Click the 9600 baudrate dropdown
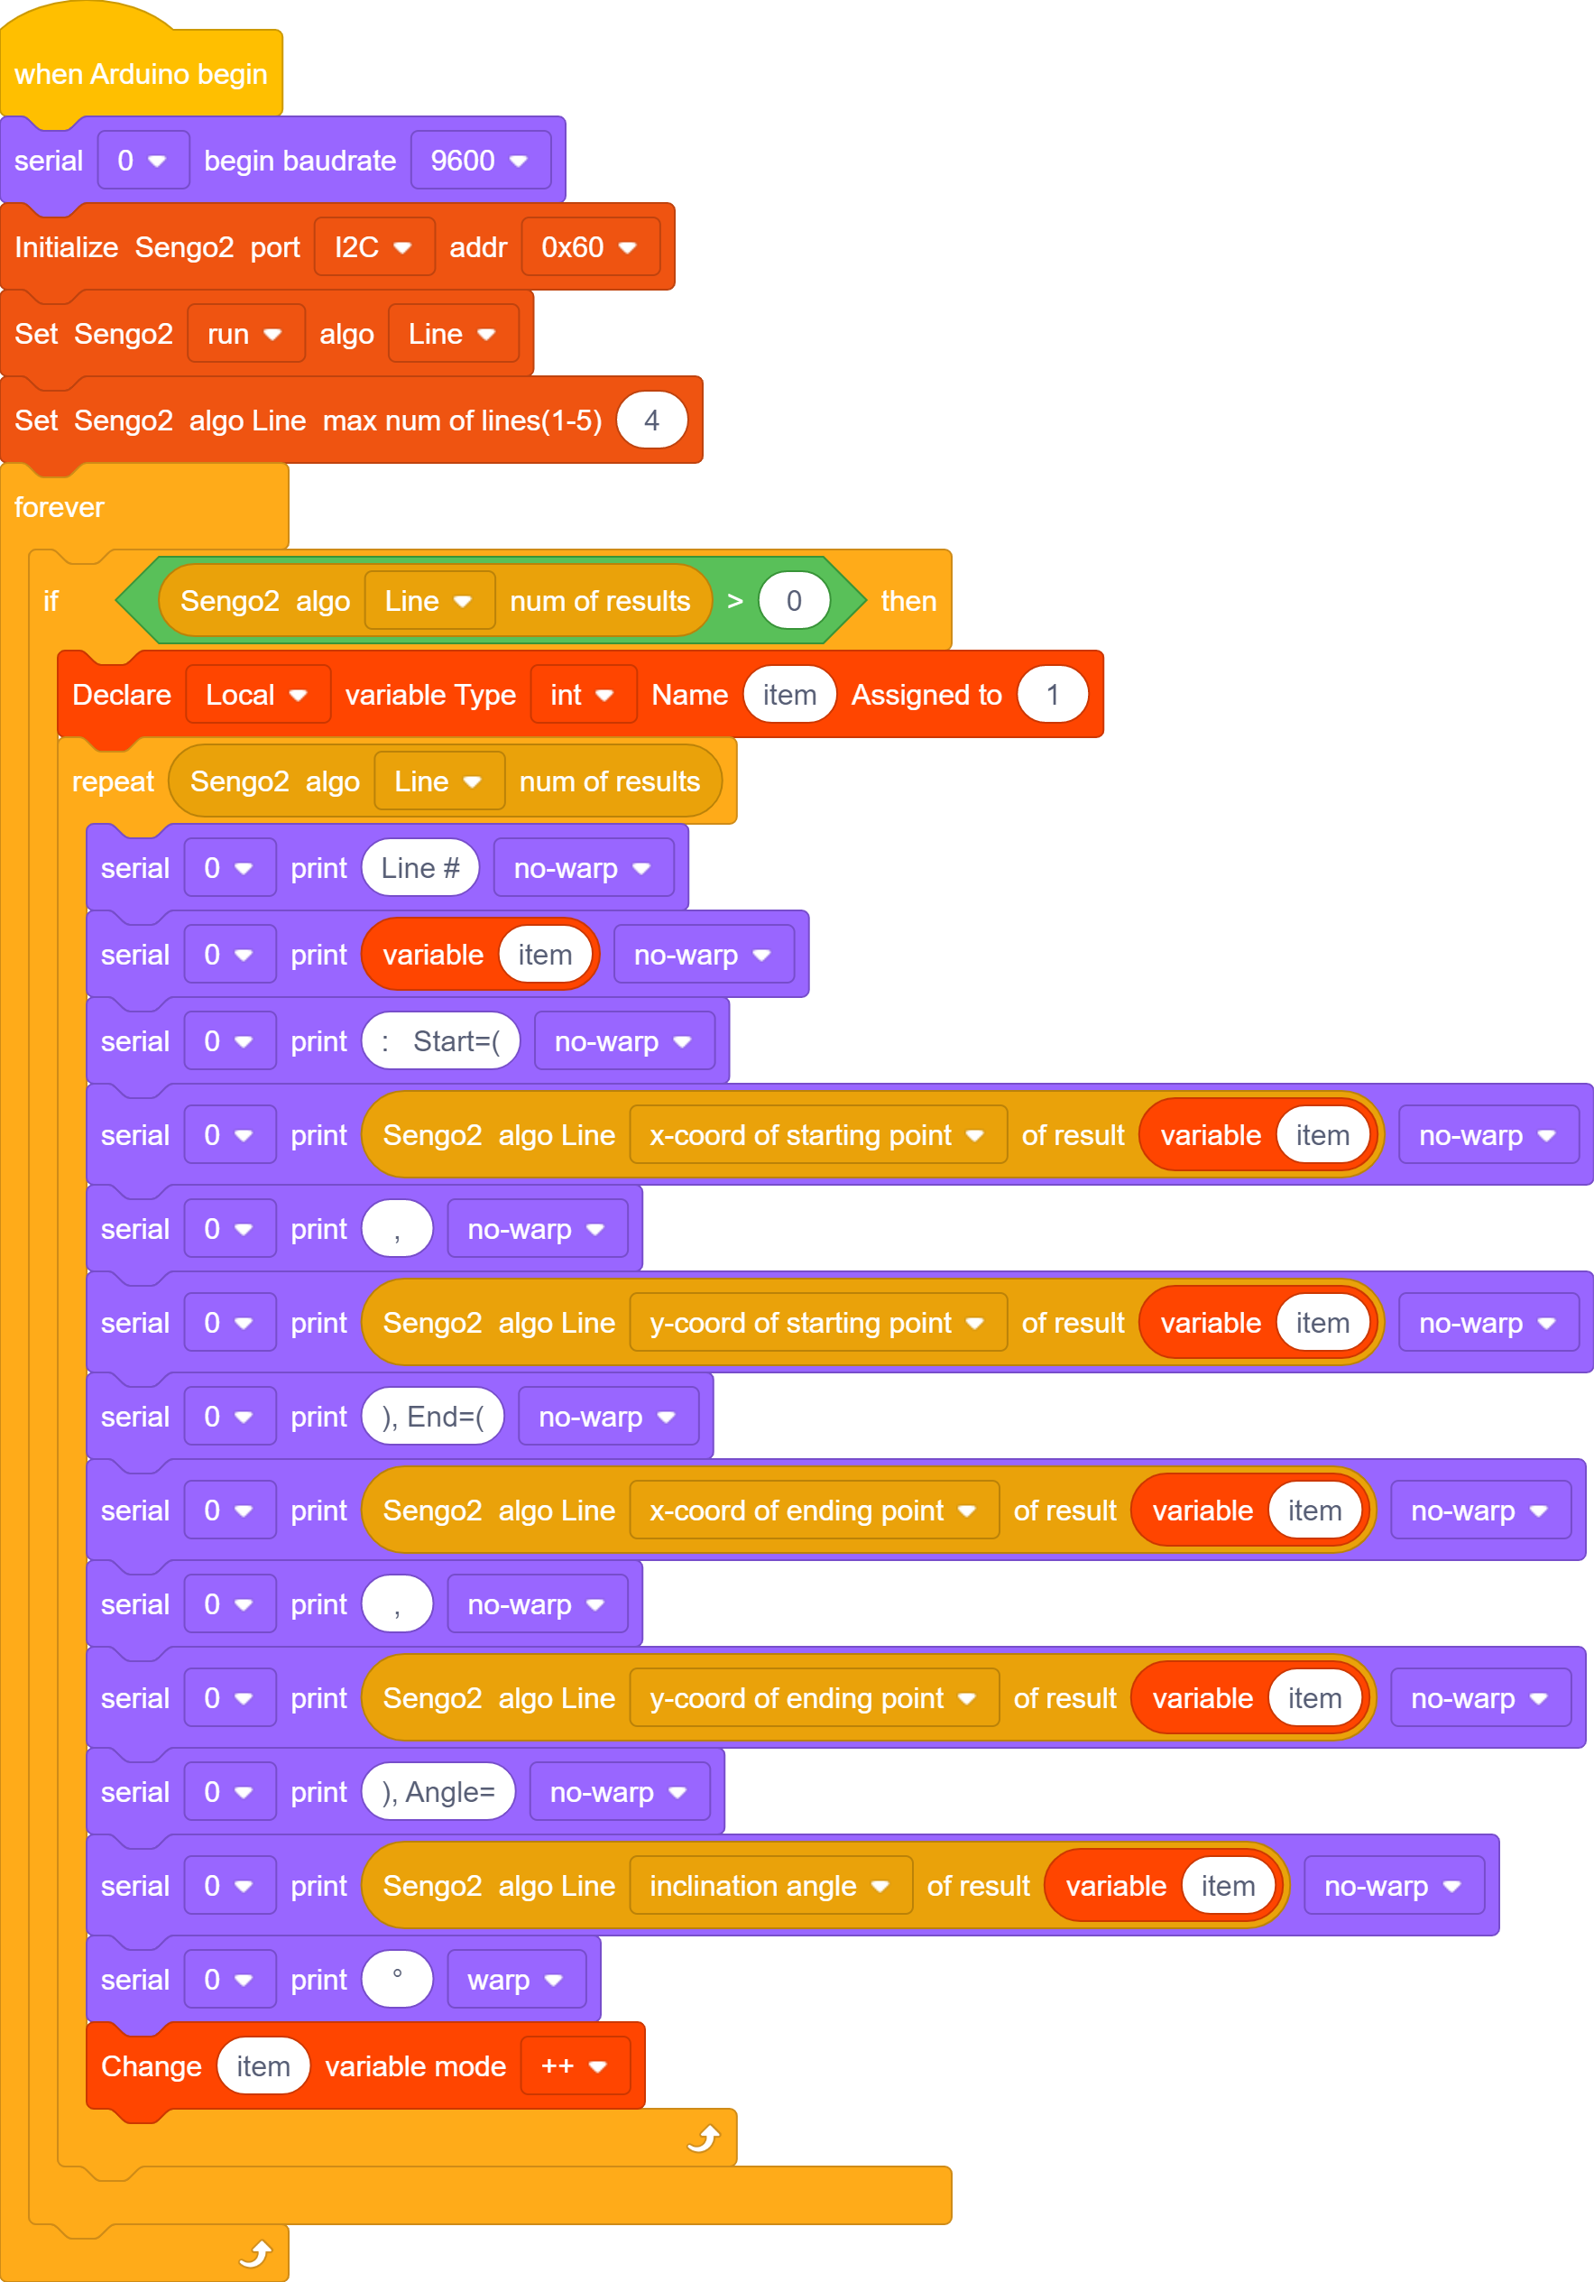480,160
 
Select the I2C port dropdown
373,246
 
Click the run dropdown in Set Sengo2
245,333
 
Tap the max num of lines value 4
652,420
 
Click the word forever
59,507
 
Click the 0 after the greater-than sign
794,600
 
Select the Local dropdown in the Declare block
257,694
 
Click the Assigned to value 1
1053,694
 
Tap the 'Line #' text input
420,868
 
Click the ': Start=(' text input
440,1040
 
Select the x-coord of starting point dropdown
818,1134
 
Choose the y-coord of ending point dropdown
814,1697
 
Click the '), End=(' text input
432,1417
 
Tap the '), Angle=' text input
438,1791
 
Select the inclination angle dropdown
770,1886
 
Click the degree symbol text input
398,1979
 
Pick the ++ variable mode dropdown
576,2065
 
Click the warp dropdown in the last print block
517,1979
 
